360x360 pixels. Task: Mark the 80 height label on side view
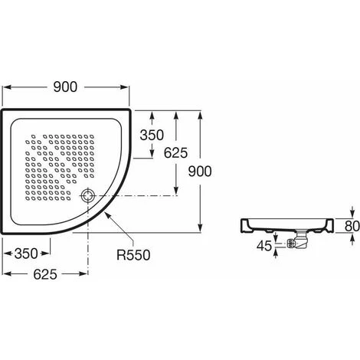(x=351, y=226)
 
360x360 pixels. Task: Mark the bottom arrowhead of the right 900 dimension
(x=201, y=228)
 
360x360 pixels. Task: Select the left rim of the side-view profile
(x=243, y=223)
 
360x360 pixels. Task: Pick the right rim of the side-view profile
(x=330, y=223)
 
